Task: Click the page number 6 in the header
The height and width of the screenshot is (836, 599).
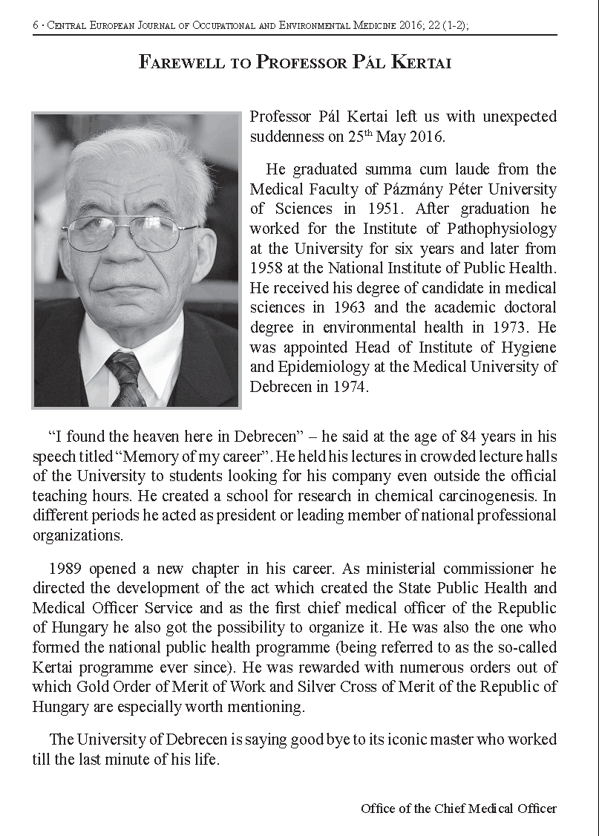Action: coord(35,25)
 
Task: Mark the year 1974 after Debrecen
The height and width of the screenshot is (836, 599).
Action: coord(350,387)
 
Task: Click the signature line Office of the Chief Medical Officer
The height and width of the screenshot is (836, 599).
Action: coord(458,808)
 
